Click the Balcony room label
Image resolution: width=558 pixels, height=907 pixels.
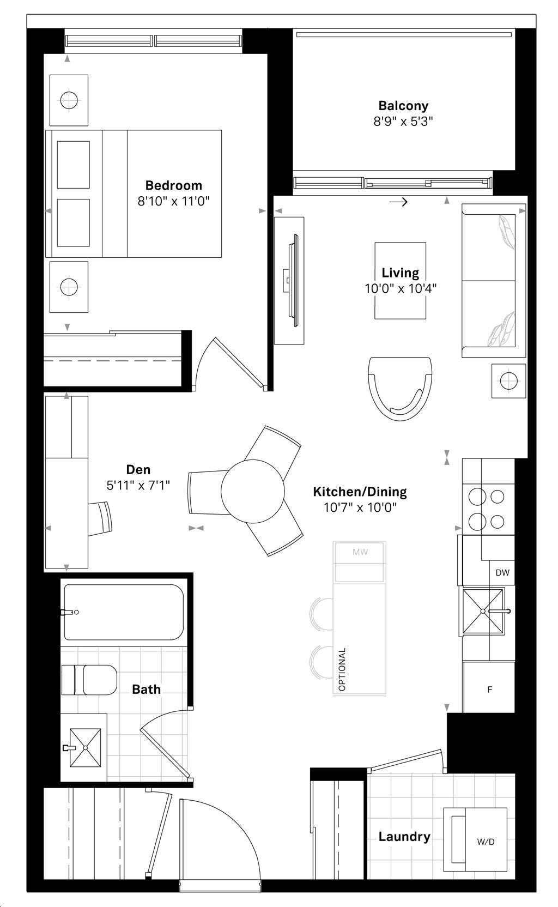coord(403,106)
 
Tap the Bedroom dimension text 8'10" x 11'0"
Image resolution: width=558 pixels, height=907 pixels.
coord(173,201)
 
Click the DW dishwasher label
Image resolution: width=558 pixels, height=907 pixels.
coord(502,572)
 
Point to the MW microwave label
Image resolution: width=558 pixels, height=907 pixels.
coord(360,552)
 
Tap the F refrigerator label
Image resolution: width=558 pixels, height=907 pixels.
coord(489,690)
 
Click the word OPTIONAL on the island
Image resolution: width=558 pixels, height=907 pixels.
coord(342,669)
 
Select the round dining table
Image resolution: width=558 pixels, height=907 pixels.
coord(252,491)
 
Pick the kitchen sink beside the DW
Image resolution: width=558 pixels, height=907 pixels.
coord(483,611)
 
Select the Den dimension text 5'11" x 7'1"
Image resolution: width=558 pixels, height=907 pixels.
coord(138,485)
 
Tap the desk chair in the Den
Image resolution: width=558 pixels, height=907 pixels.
coord(101,518)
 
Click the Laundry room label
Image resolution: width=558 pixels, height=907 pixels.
coord(404,836)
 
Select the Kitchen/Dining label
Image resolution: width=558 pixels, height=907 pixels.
coord(360,492)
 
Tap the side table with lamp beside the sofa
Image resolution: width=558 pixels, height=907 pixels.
coord(508,380)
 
